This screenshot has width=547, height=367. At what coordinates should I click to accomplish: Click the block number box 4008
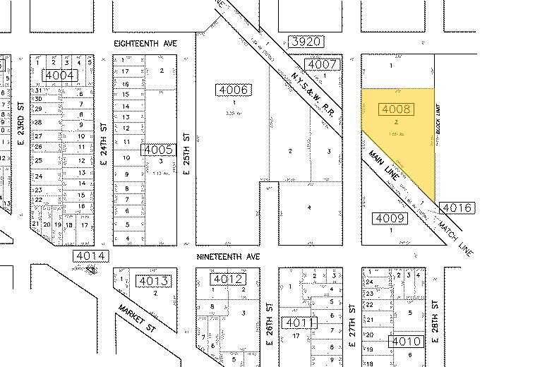click(395, 109)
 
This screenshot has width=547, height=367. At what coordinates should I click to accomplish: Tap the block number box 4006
click(234, 90)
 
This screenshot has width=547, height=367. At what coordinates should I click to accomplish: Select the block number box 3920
click(306, 42)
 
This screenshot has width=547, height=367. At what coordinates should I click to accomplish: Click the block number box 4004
click(59, 75)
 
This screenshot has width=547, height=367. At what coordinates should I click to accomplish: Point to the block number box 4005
click(157, 150)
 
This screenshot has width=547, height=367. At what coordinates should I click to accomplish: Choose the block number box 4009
click(389, 218)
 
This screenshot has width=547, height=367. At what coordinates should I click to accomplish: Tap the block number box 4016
click(456, 207)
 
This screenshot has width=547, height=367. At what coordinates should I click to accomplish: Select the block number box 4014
click(91, 256)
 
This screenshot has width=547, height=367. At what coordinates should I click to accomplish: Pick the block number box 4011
click(299, 323)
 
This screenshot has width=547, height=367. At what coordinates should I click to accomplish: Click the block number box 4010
click(407, 342)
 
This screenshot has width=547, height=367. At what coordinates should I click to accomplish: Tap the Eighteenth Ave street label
click(145, 44)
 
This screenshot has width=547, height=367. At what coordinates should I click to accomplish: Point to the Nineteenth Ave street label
click(229, 258)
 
